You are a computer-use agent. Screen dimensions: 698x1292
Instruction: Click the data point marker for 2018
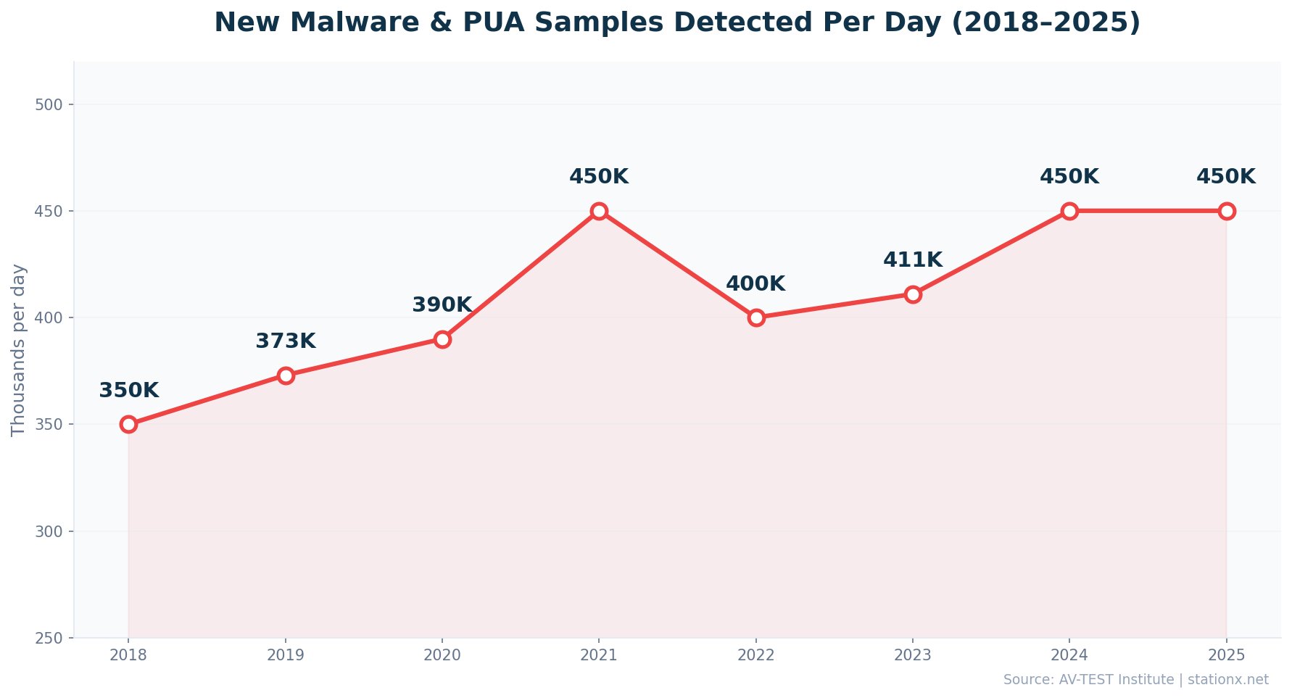[128, 424]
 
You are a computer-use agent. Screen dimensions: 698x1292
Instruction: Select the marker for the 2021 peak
[599, 211]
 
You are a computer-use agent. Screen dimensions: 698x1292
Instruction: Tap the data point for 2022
[756, 317]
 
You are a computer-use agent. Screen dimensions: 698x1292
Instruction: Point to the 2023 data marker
[913, 294]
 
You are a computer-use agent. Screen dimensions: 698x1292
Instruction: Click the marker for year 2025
[1227, 211]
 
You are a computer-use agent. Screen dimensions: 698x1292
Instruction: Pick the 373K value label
[286, 341]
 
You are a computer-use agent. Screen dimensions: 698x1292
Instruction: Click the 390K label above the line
[442, 305]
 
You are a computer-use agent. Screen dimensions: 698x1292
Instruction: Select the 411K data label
[913, 260]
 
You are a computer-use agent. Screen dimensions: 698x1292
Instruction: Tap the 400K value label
[755, 284]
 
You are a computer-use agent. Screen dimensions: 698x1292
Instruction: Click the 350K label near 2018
[128, 391]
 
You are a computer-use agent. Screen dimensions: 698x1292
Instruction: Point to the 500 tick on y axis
[49, 105]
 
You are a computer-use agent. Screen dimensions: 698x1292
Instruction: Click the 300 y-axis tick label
[49, 532]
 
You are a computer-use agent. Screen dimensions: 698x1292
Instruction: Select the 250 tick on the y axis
[49, 639]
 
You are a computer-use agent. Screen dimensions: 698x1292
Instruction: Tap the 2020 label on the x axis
[442, 656]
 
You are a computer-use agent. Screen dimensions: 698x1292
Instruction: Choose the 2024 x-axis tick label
[1069, 656]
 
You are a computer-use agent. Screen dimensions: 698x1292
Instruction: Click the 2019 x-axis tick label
[286, 656]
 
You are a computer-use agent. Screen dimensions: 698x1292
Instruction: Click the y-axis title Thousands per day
[19, 350]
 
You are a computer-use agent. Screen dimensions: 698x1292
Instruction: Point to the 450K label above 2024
[1069, 177]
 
